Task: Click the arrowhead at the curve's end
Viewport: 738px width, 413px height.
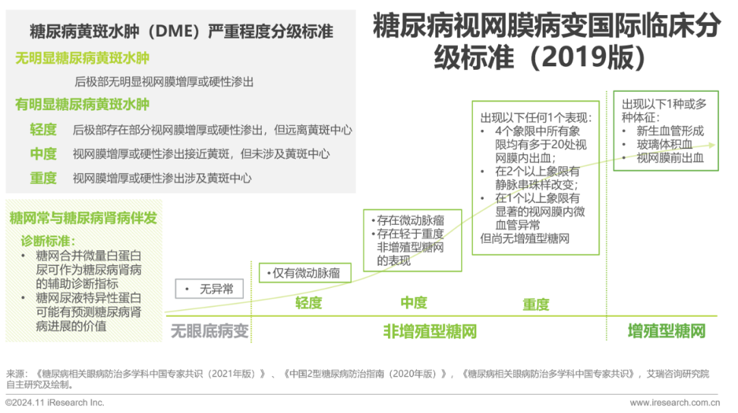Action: [x=713, y=145]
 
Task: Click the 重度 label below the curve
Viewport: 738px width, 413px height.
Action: [x=536, y=304]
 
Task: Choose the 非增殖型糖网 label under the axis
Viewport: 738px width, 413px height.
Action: [x=429, y=332]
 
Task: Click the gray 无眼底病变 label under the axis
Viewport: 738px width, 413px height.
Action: [x=210, y=332]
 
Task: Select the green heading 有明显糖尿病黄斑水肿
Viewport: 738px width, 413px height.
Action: [x=82, y=105]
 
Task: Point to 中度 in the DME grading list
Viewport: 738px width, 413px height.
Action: [x=43, y=154]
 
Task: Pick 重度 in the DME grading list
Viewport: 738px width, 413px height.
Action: [x=43, y=178]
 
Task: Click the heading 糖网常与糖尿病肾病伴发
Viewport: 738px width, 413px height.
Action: [x=83, y=219]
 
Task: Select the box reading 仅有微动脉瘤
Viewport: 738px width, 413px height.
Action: [x=305, y=272]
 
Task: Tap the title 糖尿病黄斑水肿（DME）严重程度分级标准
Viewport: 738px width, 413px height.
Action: [x=182, y=31]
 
